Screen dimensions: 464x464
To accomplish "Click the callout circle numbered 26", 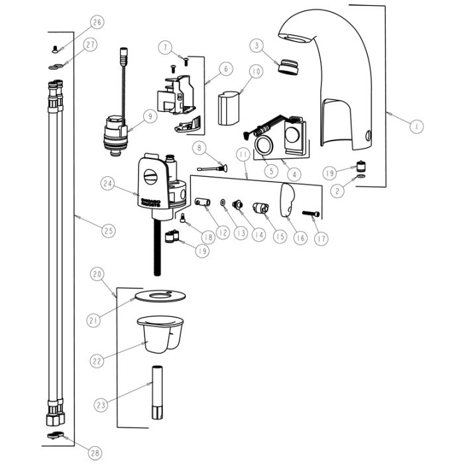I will (x=97, y=23).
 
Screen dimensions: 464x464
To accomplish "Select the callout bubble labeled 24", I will (x=109, y=182).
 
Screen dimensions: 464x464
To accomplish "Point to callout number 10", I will (x=256, y=71).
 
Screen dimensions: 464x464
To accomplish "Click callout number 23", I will (x=100, y=403).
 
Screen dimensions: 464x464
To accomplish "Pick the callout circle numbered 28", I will (x=95, y=453).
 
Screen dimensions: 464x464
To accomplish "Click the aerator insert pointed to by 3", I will (x=288, y=66).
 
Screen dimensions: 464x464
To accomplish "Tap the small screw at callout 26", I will (x=55, y=48).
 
